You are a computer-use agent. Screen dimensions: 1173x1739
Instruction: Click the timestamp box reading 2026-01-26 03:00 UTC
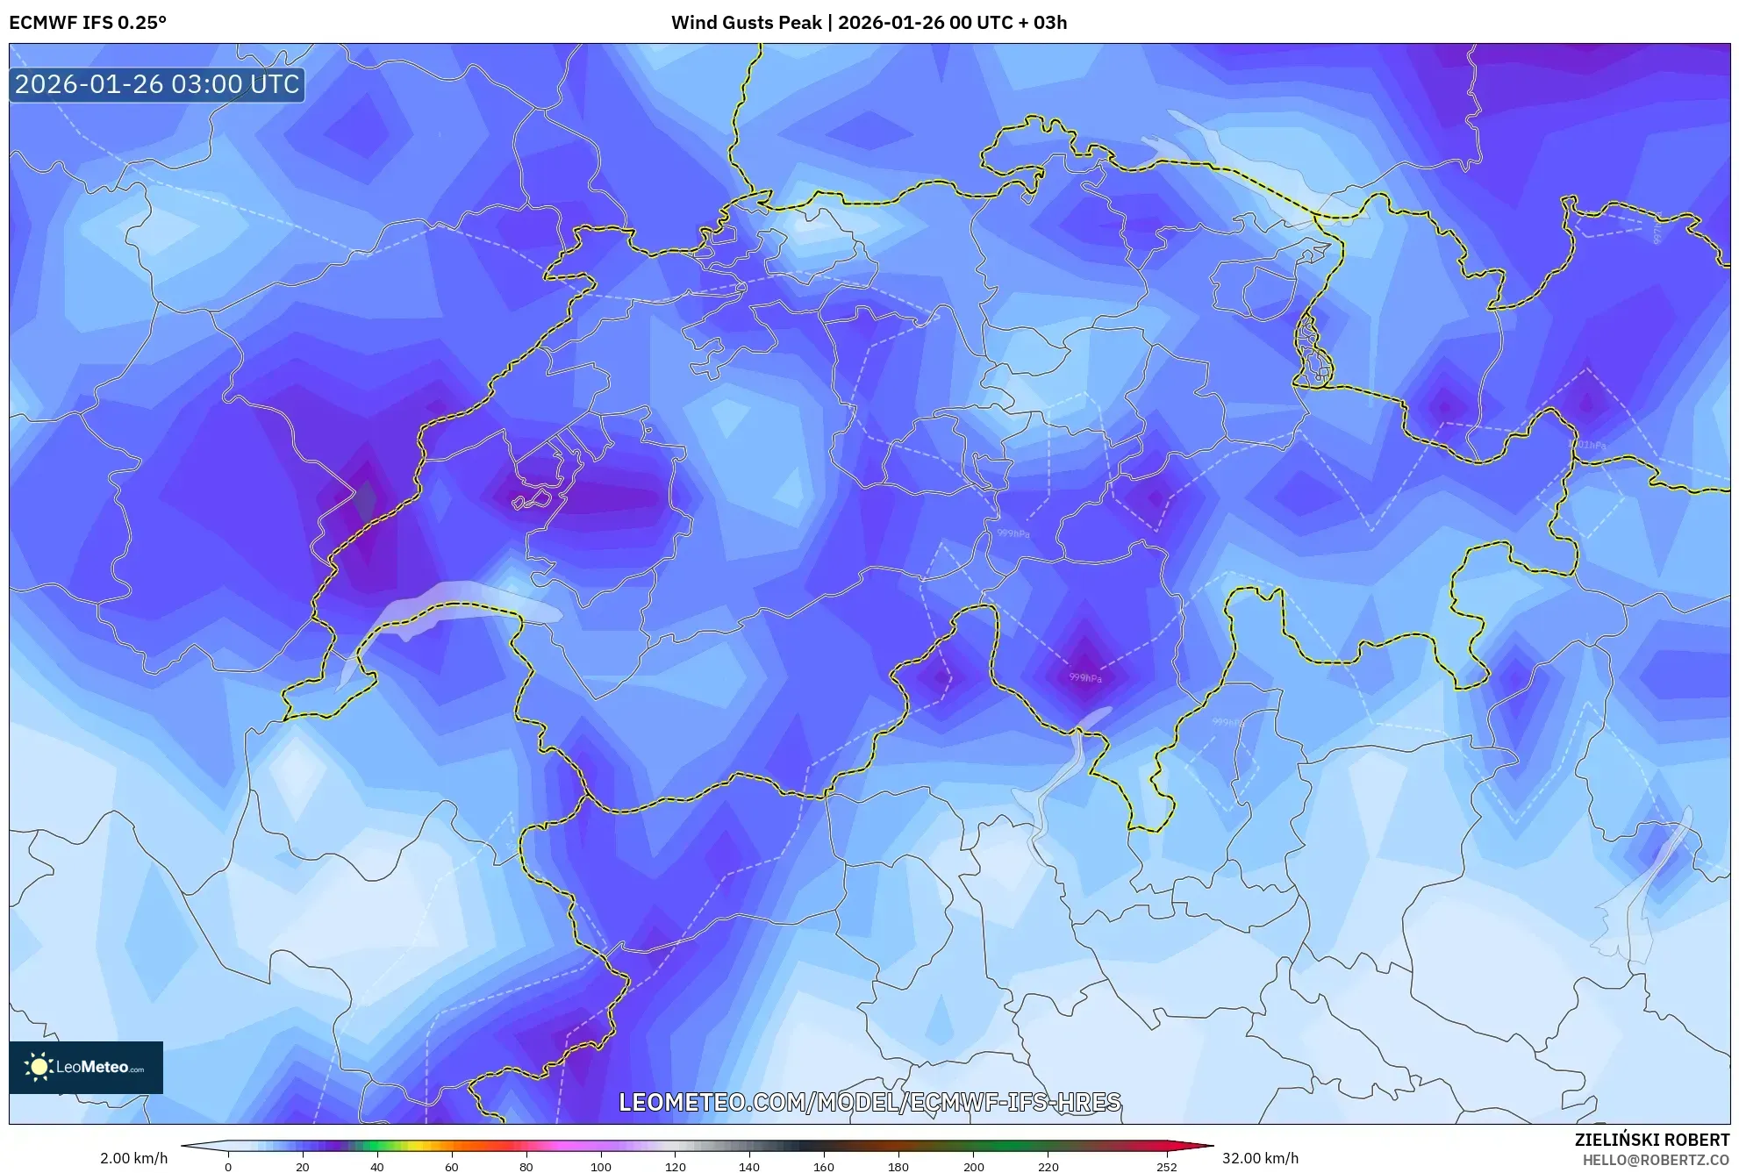click(157, 85)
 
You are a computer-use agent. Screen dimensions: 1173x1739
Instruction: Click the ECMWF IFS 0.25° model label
click(88, 23)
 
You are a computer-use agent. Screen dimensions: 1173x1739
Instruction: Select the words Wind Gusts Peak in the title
click(746, 23)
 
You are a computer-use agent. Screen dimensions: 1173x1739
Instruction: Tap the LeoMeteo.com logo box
click(86, 1067)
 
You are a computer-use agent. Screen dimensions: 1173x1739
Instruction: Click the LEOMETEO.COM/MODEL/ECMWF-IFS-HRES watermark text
click(869, 1102)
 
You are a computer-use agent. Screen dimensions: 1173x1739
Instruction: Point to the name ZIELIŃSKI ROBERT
click(1651, 1140)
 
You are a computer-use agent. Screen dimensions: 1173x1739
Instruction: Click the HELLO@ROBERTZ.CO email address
click(1655, 1160)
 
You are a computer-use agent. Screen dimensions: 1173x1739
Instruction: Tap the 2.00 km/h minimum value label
click(133, 1158)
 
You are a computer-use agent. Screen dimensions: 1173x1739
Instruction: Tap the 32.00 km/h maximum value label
click(1260, 1158)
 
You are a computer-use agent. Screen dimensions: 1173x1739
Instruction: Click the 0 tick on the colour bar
click(228, 1167)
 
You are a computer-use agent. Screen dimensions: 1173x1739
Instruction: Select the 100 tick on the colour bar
click(601, 1167)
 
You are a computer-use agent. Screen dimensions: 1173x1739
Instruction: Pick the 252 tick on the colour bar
click(1166, 1167)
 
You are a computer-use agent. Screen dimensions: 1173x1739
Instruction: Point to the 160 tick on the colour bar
click(824, 1167)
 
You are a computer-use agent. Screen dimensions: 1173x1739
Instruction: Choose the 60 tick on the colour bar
click(451, 1167)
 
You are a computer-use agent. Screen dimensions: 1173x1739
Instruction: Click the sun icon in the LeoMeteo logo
click(39, 1067)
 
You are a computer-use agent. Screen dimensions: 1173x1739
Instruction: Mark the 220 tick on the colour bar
click(1048, 1167)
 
